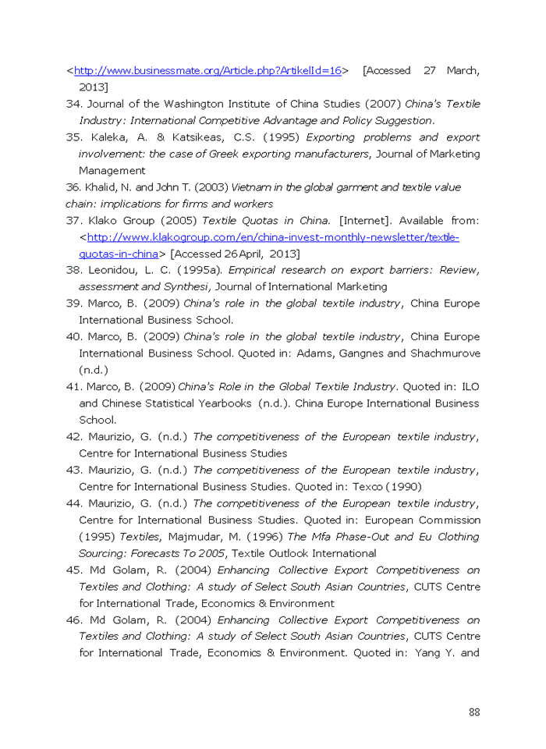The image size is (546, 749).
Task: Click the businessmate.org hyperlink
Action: (207, 70)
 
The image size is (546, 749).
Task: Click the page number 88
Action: (473, 712)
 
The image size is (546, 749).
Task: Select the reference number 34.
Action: (73, 104)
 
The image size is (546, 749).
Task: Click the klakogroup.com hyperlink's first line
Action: (273, 237)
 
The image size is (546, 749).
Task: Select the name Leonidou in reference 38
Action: (115, 271)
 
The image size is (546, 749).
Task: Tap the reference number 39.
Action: (73, 304)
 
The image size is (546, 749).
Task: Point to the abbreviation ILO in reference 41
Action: (470, 387)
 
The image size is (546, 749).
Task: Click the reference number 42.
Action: (73, 437)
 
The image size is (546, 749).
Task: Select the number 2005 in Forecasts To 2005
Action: (210, 553)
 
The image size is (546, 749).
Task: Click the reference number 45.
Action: (73, 570)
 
